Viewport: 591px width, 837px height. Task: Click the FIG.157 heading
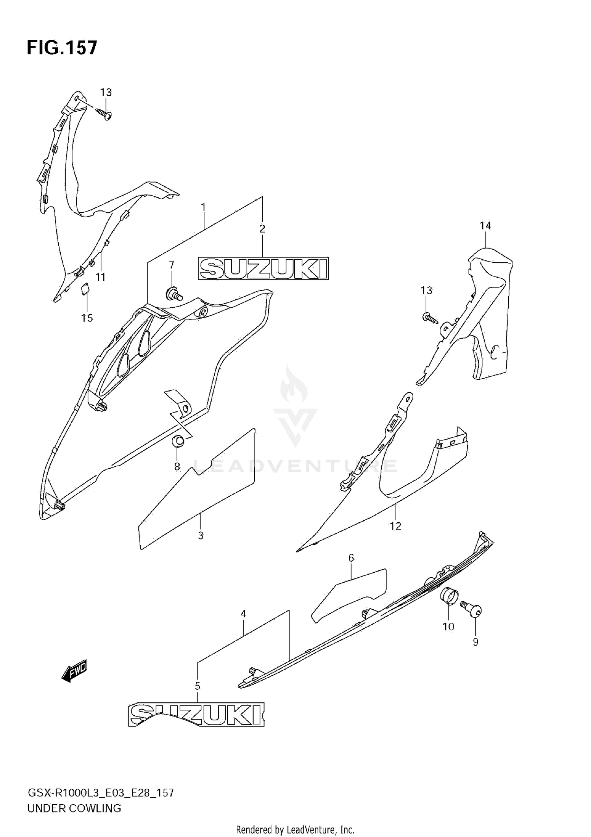[x=62, y=48]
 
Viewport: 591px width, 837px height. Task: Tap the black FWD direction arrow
[x=74, y=670]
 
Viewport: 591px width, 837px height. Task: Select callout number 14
[x=485, y=226]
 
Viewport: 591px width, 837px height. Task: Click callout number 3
[x=201, y=535]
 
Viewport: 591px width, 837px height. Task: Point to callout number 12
[x=395, y=526]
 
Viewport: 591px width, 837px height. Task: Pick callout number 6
[x=351, y=558]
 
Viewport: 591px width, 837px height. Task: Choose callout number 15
[x=87, y=318]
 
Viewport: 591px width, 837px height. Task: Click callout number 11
[x=101, y=277]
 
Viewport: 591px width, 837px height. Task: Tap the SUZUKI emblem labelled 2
[x=263, y=269]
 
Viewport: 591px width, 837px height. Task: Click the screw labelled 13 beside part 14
[x=431, y=317]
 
